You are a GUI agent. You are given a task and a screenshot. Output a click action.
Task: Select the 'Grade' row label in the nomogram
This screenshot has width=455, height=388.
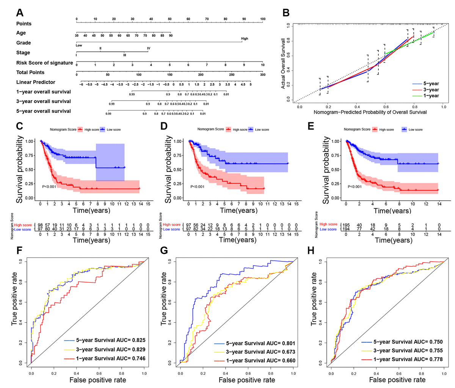click(24, 43)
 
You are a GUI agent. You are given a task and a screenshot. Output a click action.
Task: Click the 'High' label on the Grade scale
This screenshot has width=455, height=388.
click(245, 38)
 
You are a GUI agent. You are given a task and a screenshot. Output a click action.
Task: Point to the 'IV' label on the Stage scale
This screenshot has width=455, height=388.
click(149, 48)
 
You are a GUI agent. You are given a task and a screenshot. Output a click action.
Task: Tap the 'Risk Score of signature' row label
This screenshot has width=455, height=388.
click(44, 63)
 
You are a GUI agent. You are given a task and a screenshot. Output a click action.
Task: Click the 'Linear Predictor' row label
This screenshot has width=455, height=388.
click(36, 82)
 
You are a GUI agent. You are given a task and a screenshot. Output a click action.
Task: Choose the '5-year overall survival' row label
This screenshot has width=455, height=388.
click(43, 111)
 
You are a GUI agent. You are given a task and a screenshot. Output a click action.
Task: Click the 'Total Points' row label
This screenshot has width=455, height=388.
click(30, 72)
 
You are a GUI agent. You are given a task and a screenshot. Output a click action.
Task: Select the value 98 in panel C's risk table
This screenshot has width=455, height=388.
click(40, 225)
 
